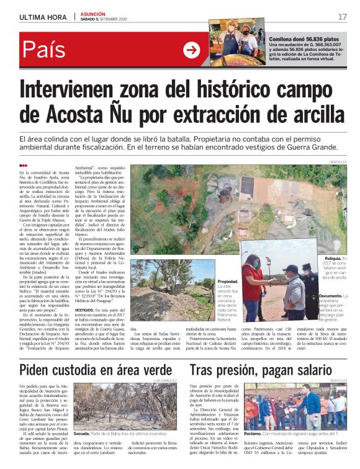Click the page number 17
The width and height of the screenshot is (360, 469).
click(x=343, y=16)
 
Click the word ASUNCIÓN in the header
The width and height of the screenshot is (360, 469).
click(x=93, y=13)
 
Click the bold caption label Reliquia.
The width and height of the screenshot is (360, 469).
click(x=333, y=257)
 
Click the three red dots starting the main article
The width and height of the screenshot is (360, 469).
click(x=24, y=165)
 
